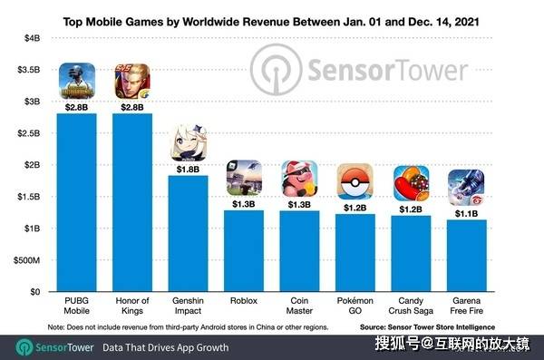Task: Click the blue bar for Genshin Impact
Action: pyautogui.click(x=188, y=233)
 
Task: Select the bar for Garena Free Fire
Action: pyautogui.click(x=467, y=256)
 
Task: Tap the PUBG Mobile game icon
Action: pyautogui.click(x=77, y=82)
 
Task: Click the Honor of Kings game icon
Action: pyautogui.click(x=132, y=82)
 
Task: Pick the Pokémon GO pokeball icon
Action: pyautogui.click(x=355, y=182)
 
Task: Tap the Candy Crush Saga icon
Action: pyautogui.click(x=411, y=184)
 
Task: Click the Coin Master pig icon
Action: pyautogui.click(x=299, y=179)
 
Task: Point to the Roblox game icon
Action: pyautogui.click(x=244, y=178)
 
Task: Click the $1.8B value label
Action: pyautogui.click(x=188, y=170)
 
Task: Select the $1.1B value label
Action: pyautogui.click(x=467, y=213)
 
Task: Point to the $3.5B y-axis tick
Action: pyautogui.click(x=29, y=70)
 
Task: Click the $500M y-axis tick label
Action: pyautogui.click(x=26, y=260)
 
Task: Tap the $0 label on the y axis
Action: pyautogui.click(x=35, y=292)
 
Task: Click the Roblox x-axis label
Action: pyautogui.click(x=244, y=301)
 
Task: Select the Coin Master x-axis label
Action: pyautogui.click(x=299, y=306)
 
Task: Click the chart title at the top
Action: pyautogui.click(x=271, y=22)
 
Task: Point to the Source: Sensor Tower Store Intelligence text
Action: pyautogui.click(x=427, y=327)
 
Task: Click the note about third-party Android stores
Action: pyautogui.click(x=188, y=327)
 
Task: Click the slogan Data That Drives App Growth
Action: pyautogui.click(x=166, y=347)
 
